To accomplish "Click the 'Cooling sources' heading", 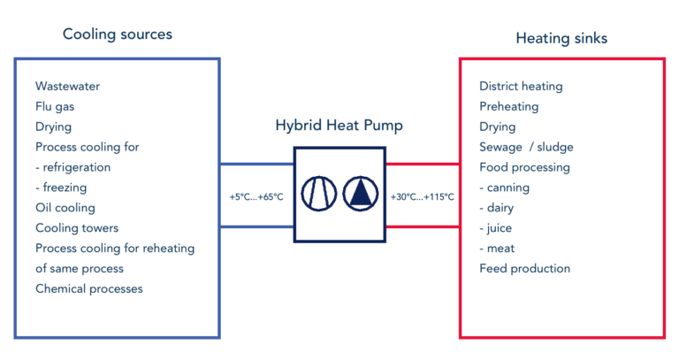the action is pos(118,34).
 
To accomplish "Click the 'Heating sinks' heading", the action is pos(561,38).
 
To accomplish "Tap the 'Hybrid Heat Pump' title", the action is pos(339,126).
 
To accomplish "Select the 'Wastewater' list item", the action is pos(67,86).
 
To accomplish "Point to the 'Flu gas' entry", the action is pos(55,106).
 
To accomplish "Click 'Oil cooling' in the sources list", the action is pos(65,208).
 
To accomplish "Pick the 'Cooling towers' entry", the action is pos(77,228).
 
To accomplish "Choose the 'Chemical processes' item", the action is pos(89,288).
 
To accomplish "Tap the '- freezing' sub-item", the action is pos(61,188).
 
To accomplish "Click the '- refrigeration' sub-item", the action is pos(73,167).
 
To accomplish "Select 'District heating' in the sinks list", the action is pos(521,86).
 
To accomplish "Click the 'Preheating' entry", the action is pos(509,106).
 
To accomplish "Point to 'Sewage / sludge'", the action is pos(526,148).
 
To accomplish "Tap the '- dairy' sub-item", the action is pos(496,208).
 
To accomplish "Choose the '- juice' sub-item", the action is pos(495,228).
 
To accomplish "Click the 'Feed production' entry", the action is pos(525,269).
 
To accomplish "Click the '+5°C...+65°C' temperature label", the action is pos(256,197).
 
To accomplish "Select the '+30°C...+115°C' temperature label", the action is pos(423,197).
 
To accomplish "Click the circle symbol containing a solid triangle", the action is pos(361,177).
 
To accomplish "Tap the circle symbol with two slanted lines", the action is pos(318,177).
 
